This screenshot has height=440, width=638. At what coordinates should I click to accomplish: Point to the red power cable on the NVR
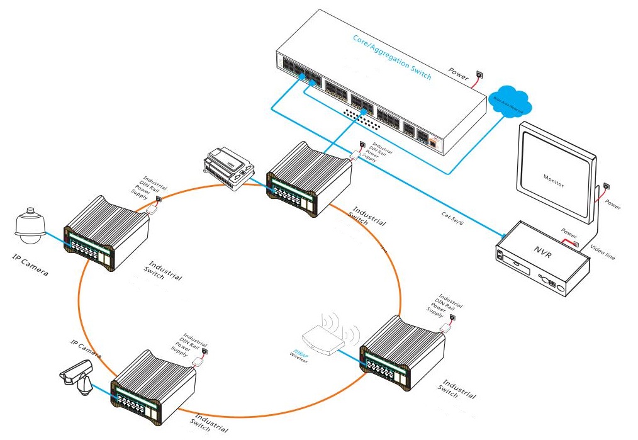569,241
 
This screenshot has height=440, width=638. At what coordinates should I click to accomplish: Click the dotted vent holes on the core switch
359,111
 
